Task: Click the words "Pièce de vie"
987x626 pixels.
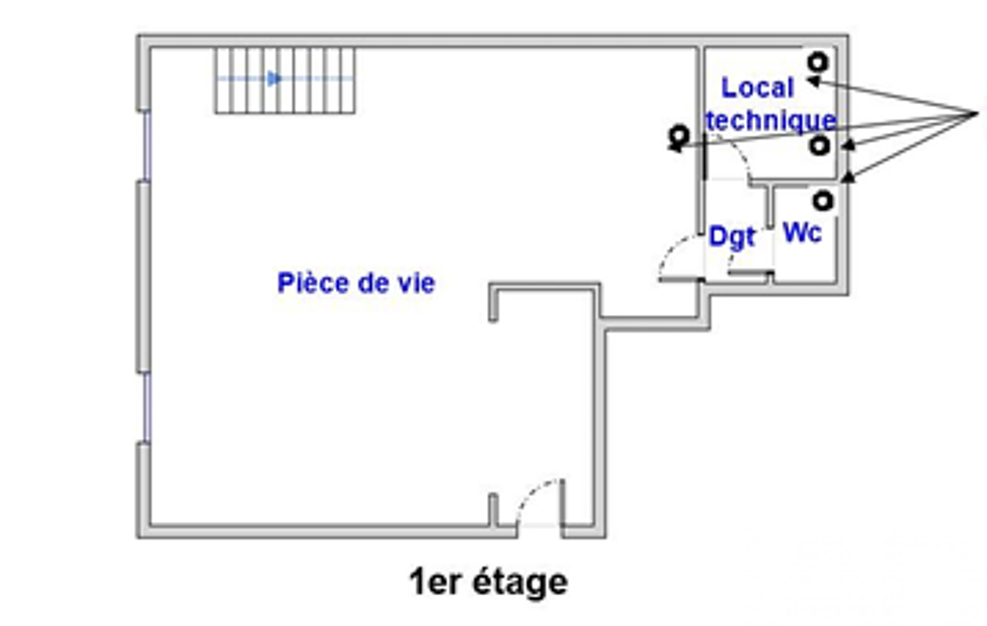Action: (355, 283)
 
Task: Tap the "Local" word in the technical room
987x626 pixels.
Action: (758, 89)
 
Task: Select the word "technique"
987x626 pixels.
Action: (770, 120)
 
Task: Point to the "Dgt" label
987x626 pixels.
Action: (732, 237)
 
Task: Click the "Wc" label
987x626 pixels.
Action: (802, 232)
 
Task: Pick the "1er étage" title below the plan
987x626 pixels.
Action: (488, 582)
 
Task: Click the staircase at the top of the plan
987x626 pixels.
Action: (284, 80)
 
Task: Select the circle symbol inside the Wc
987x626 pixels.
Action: (822, 200)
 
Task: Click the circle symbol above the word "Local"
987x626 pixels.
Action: (818, 62)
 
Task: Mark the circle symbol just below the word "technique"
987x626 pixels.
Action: (818, 145)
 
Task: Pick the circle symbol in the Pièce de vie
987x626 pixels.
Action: (676, 138)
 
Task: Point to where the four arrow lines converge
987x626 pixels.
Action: (974, 112)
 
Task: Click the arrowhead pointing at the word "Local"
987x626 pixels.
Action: (812, 81)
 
